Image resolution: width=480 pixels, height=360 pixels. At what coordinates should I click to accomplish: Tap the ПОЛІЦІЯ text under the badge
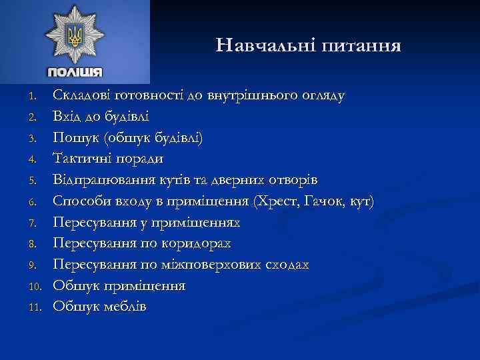point(75,72)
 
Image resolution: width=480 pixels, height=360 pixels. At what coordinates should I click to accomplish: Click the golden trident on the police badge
point(75,36)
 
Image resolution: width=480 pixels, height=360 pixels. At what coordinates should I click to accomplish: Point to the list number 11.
point(37,307)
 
